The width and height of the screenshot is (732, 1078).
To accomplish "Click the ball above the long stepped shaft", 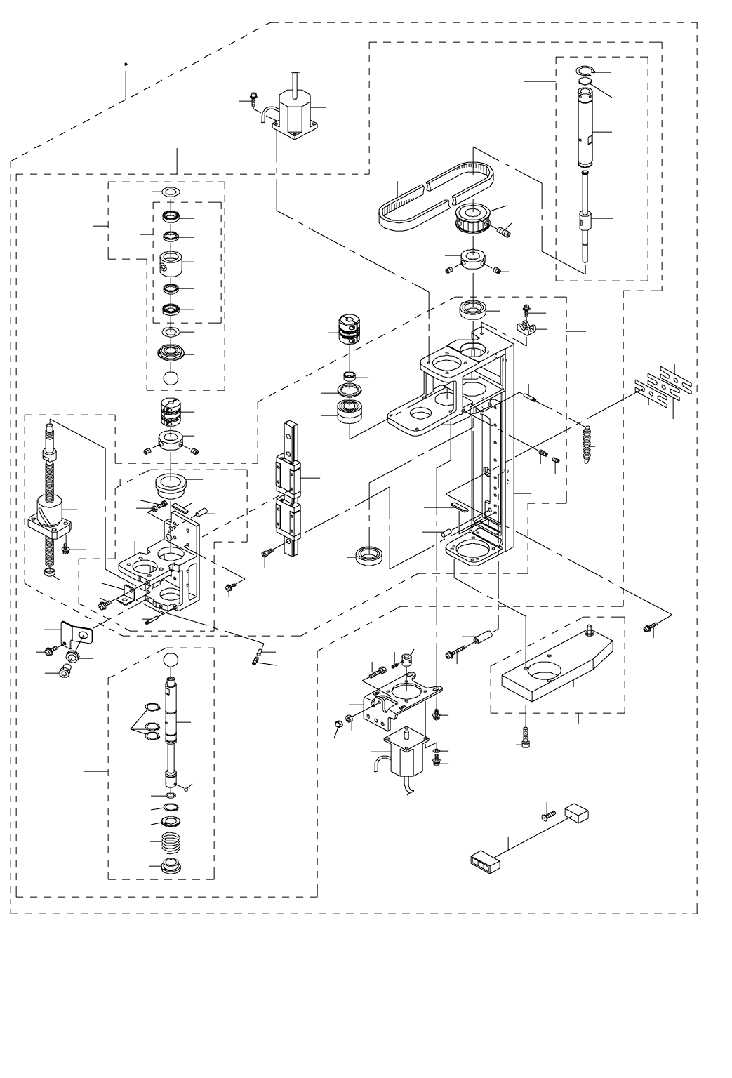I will pyautogui.click(x=171, y=660).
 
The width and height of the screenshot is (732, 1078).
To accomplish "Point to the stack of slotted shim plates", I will pyautogui.click(x=663, y=385).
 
